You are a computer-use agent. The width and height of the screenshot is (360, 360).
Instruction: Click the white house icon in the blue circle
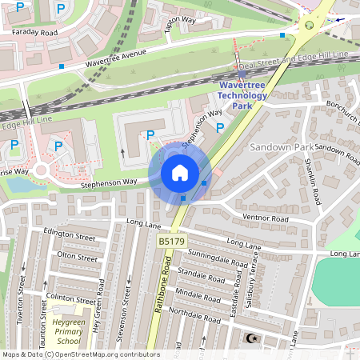pyautogui.click(x=180, y=172)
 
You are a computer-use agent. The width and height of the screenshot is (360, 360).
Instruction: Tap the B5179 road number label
pyautogui.click(x=170, y=241)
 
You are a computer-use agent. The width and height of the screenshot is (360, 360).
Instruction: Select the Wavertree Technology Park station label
pyautogui.click(x=242, y=95)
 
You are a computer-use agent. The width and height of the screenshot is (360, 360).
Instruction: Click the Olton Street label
pyautogui.click(x=78, y=256)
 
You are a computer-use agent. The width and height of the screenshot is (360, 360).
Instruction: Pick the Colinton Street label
pyautogui.click(x=71, y=298)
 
